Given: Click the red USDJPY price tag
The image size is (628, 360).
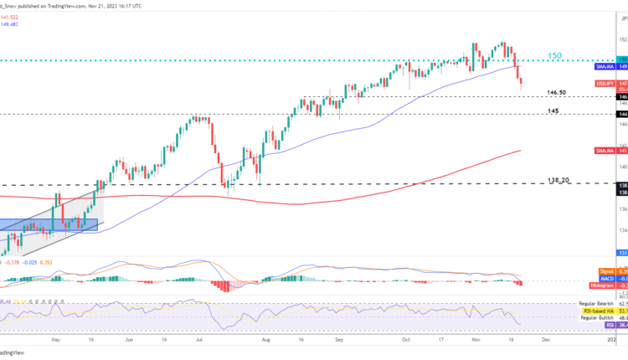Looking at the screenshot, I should (606, 84).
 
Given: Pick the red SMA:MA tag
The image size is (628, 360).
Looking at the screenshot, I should (606, 151).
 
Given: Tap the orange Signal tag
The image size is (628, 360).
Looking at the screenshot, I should (608, 270).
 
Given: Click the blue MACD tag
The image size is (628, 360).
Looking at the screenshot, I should (609, 278).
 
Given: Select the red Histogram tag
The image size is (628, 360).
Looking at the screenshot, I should (603, 285).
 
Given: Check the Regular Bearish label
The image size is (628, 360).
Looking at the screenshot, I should (597, 303).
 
